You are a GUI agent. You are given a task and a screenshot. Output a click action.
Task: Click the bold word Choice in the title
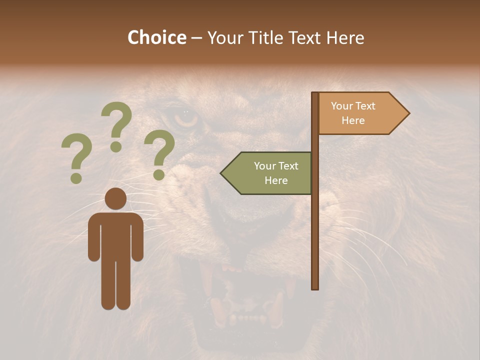tap(156, 38)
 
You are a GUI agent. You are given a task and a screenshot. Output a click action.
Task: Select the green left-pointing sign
tap(270, 173)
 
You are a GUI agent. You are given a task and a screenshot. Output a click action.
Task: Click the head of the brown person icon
tap(115, 198)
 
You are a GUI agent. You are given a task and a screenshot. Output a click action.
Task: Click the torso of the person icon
tap(115, 235)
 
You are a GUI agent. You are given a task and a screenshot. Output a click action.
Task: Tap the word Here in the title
tap(345, 38)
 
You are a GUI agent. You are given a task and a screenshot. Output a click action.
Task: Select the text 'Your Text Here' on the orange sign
tap(353, 113)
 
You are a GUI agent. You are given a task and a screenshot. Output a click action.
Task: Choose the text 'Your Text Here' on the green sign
tap(276, 173)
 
